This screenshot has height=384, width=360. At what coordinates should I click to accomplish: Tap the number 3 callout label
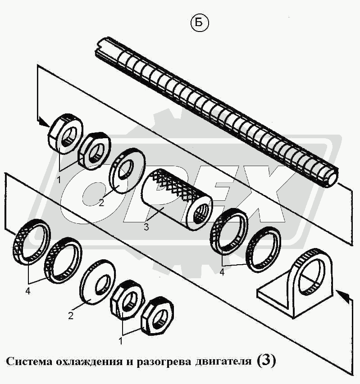click(x=146, y=227)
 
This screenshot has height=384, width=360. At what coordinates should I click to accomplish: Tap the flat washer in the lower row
click(x=97, y=281)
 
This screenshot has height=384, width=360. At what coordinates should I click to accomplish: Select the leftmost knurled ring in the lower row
click(x=33, y=240)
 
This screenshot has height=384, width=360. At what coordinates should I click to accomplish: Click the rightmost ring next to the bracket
click(x=264, y=249)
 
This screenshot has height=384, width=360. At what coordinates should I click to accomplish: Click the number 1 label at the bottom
click(x=120, y=341)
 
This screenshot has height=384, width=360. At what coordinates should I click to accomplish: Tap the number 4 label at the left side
click(x=28, y=291)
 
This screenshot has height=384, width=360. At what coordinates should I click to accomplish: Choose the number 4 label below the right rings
click(x=222, y=272)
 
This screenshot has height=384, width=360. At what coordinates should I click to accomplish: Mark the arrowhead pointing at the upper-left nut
click(x=44, y=121)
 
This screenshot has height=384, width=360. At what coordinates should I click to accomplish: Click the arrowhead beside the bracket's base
click(x=342, y=296)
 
